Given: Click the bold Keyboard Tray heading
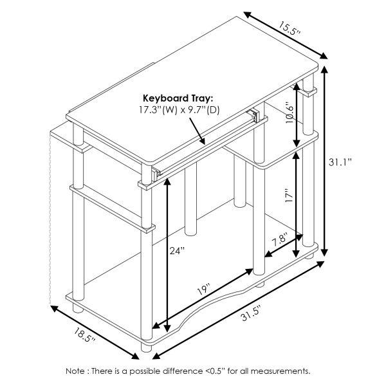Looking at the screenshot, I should click(x=178, y=97).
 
